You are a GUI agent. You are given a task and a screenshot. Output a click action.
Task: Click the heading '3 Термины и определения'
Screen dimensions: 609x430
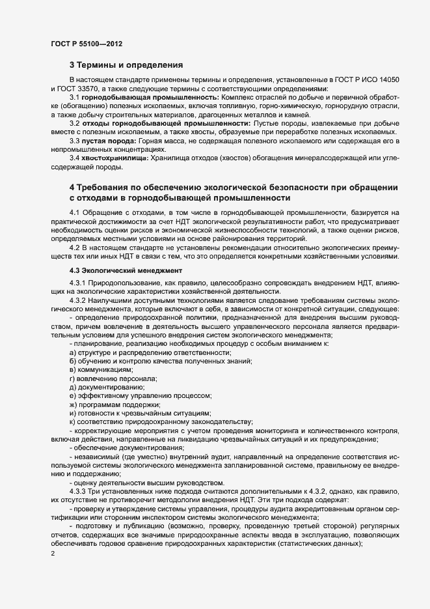click(126, 65)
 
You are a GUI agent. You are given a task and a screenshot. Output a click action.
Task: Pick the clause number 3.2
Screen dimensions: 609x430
click(74, 122)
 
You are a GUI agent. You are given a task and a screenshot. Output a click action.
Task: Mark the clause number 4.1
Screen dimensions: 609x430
click(74, 213)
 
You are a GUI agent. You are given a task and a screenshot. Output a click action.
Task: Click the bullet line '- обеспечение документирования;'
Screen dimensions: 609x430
click(120, 449)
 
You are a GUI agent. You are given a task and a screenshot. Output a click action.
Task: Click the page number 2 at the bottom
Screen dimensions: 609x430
click(52, 554)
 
